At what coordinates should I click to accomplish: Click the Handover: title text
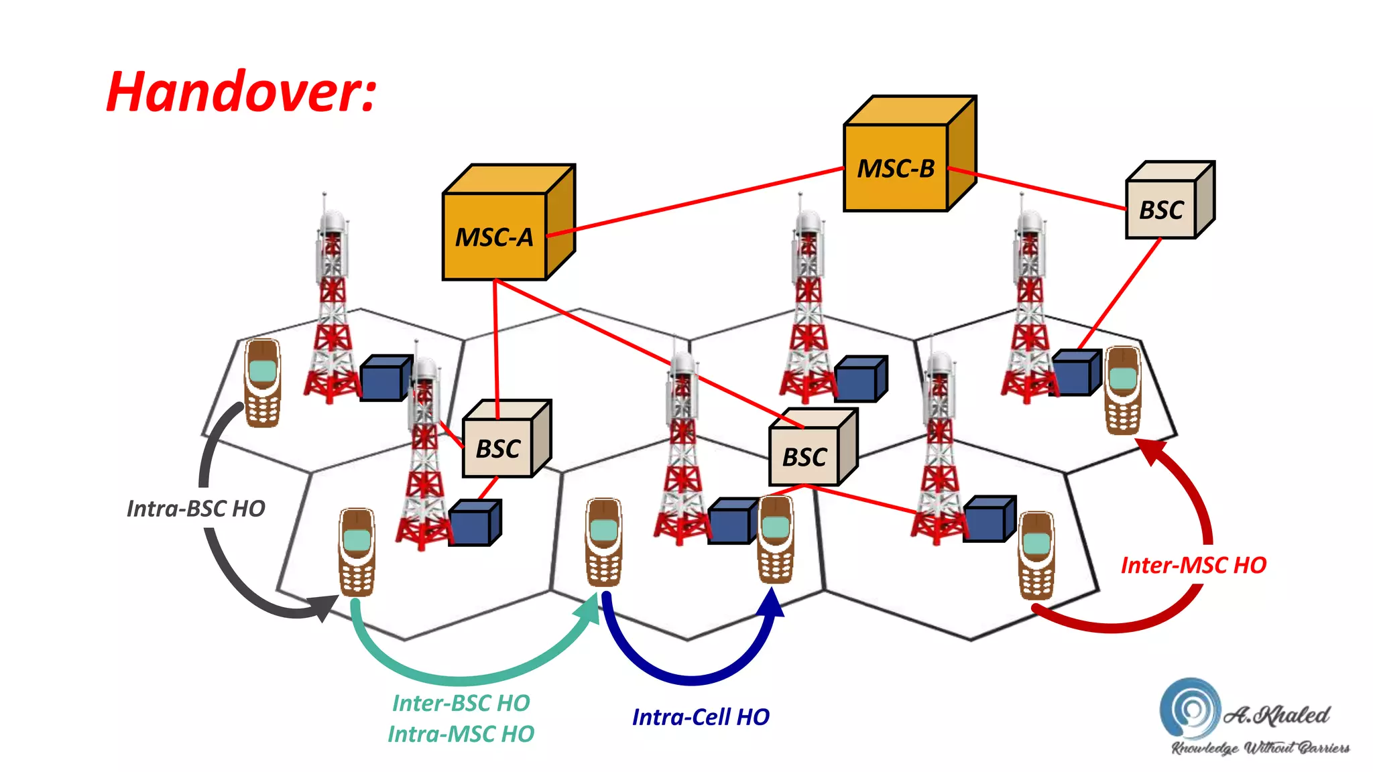[241, 92]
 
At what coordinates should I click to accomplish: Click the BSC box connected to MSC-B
[1162, 209]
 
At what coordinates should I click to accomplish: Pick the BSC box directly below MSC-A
[498, 448]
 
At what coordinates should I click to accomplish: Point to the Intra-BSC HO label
[196, 509]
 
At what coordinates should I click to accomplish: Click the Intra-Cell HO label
[701, 717]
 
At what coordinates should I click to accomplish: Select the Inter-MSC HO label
[1193, 565]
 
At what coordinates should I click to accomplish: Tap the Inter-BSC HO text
[461, 703]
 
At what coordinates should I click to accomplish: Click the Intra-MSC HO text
[461, 734]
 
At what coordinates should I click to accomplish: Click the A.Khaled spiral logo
[1190, 709]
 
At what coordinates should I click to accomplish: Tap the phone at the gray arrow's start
[262, 383]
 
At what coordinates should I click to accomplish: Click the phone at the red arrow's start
[1036, 556]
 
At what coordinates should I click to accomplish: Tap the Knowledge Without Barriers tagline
[1260, 748]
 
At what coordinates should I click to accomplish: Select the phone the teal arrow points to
[603, 541]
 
